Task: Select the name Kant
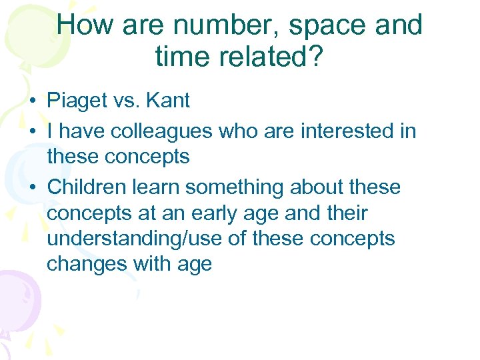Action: point(167,101)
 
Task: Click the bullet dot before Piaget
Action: point(32,102)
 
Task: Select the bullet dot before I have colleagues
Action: point(32,132)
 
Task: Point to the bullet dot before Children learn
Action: point(32,188)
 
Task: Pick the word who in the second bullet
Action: point(239,131)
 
